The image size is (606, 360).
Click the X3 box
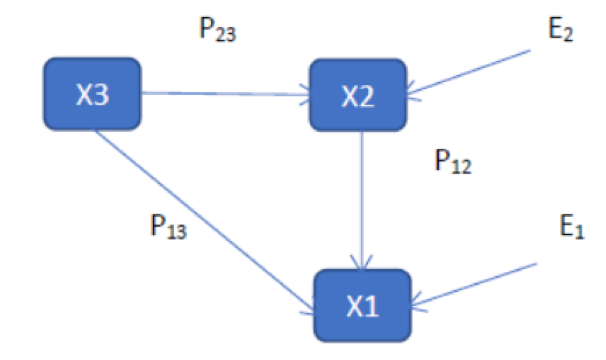click(x=92, y=94)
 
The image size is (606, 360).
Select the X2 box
click(x=358, y=95)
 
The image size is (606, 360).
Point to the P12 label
click(x=452, y=162)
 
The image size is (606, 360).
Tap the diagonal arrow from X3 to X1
click(x=201, y=221)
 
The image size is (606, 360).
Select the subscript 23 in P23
click(x=225, y=36)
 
